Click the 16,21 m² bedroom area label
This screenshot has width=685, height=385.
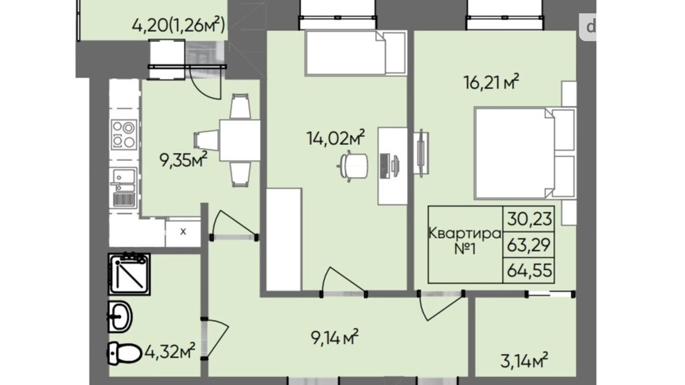point(491,82)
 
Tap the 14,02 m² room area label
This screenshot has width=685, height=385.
point(335,138)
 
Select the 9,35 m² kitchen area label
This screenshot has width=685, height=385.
point(183,160)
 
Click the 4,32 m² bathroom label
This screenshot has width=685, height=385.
point(170,351)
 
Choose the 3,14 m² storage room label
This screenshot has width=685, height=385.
point(524,360)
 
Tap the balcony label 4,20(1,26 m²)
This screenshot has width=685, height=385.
point(178,26)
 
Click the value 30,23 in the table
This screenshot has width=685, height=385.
point(529,219)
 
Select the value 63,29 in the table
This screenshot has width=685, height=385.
point(529,245)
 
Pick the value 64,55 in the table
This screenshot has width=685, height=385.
point(529,270)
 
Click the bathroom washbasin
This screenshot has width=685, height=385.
point(120,317)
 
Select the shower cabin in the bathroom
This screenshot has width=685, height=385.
point(129,274)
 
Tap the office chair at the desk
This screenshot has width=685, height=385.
point(354,166)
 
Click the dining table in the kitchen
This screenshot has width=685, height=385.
point(240,140)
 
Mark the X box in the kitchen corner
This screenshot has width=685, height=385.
point(183,232)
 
